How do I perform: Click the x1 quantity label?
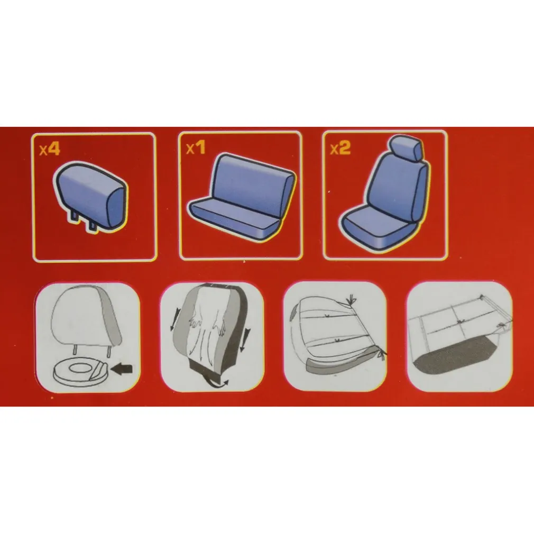coord(196,148)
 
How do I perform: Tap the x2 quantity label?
coord(340,148)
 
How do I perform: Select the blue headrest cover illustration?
coord(90,196)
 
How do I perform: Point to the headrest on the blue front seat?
coord(407,148)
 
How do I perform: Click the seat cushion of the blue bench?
coord(235,218)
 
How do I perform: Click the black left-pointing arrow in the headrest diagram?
coord(122,369)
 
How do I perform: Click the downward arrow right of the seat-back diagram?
coord(244,339)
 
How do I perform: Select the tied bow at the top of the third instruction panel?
coord(351,301)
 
